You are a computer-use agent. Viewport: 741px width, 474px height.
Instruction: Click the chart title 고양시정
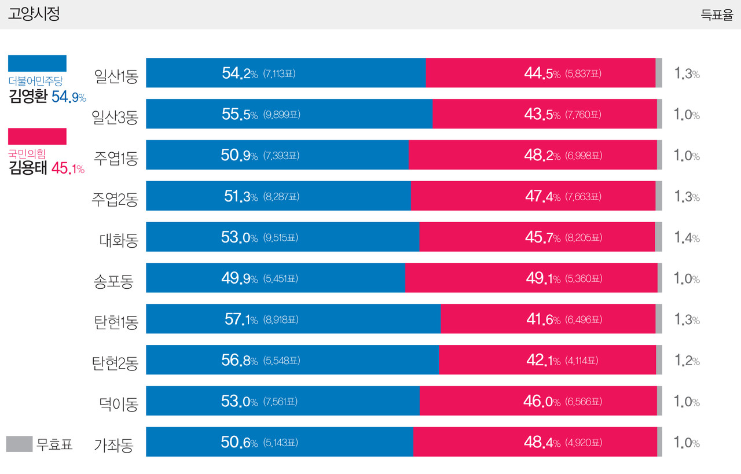tap(34, 14)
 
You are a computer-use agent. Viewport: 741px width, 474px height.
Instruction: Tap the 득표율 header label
tap(717, 16)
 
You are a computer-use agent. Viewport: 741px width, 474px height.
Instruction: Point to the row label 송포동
tap(113, 281)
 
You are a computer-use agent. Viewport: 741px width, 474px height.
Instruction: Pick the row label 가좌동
tap(113, 445)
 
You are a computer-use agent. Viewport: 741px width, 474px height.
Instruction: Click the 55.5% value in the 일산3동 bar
tap(240, 114)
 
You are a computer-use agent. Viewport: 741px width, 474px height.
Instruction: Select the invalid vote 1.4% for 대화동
tap(687, 237)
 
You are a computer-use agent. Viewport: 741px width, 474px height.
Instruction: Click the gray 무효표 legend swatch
tap(19, 444)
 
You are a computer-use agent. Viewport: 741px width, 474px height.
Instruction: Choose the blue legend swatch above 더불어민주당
tap(37, 63)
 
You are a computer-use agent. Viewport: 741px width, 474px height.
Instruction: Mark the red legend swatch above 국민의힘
tap(37, 136)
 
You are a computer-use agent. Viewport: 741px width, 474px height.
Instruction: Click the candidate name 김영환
tap(28, 97)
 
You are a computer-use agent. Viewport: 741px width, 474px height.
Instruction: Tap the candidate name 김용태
tap(28, 168)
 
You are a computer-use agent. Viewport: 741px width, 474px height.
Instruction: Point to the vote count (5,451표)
tap(280, 278)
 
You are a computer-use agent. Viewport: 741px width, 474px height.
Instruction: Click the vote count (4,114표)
tap(581, 361)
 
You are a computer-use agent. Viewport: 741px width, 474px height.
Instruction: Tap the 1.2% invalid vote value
tap(687, 361)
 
